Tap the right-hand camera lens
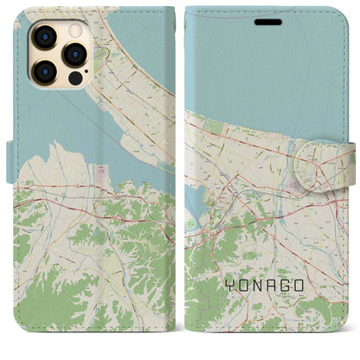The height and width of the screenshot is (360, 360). (x=75, y=54)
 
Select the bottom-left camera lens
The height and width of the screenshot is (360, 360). (x=44, y=69)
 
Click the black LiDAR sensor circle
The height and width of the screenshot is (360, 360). (x=75, y=78)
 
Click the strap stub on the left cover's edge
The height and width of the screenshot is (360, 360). (x=10, y=161)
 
